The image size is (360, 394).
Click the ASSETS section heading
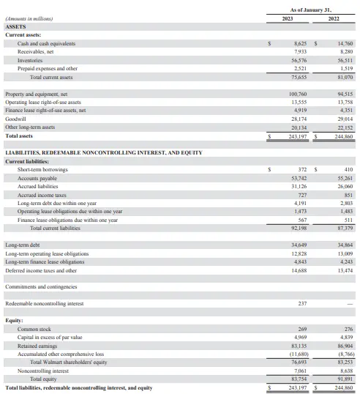click(x=15, y=26)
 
